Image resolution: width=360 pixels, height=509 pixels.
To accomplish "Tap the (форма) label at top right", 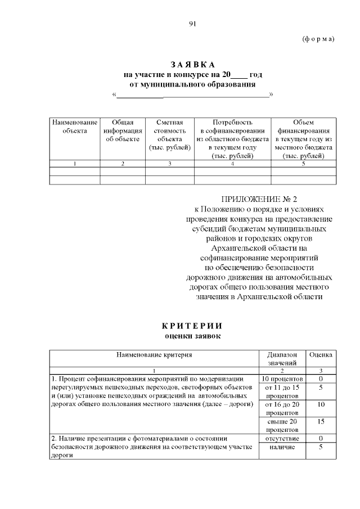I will coord(318,39).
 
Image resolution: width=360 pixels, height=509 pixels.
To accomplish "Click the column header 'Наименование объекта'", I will coord(75,127).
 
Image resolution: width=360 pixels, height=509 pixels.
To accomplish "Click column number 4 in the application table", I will coord(232,164).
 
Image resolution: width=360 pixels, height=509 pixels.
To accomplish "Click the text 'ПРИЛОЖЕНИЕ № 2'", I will coord(259,200).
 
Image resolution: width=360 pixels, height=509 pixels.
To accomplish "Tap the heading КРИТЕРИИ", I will coord(192,326).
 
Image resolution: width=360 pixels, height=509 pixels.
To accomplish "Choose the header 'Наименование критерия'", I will coord(154,355).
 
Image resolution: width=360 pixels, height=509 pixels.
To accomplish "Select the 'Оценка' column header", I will coord(321,355).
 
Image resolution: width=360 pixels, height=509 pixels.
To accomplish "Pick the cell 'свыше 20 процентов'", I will coord(282,425).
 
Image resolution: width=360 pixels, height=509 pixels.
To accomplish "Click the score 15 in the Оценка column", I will coord(321,421).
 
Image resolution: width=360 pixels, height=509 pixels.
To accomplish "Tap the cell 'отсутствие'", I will coord(282,438).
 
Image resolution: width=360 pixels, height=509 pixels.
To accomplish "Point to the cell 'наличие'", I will coord(282,447).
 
